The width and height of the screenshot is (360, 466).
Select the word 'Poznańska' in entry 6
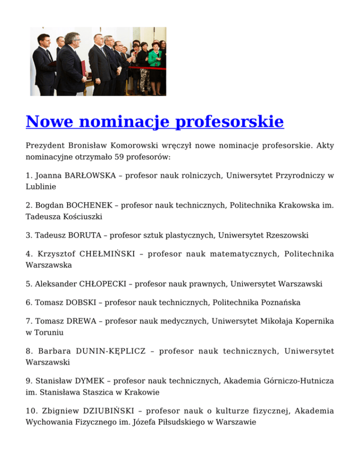pyautogui.click(x=280, y=303)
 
